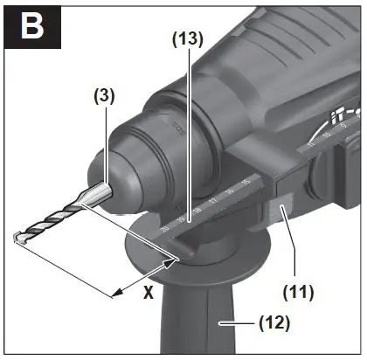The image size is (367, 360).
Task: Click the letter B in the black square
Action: (31, 27)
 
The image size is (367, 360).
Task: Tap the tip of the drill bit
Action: (17, 236)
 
